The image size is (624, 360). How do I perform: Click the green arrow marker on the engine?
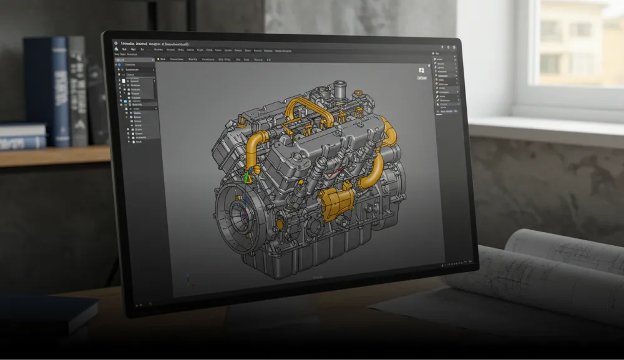click(x=246, y=177)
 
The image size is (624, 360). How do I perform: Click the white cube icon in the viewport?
click(x=422, y=71)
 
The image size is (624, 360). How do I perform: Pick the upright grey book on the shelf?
click(x=77, y=90)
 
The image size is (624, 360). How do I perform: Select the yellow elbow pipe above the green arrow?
click(x=256, y=147)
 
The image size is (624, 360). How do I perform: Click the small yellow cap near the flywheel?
click(x=279, y=223)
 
